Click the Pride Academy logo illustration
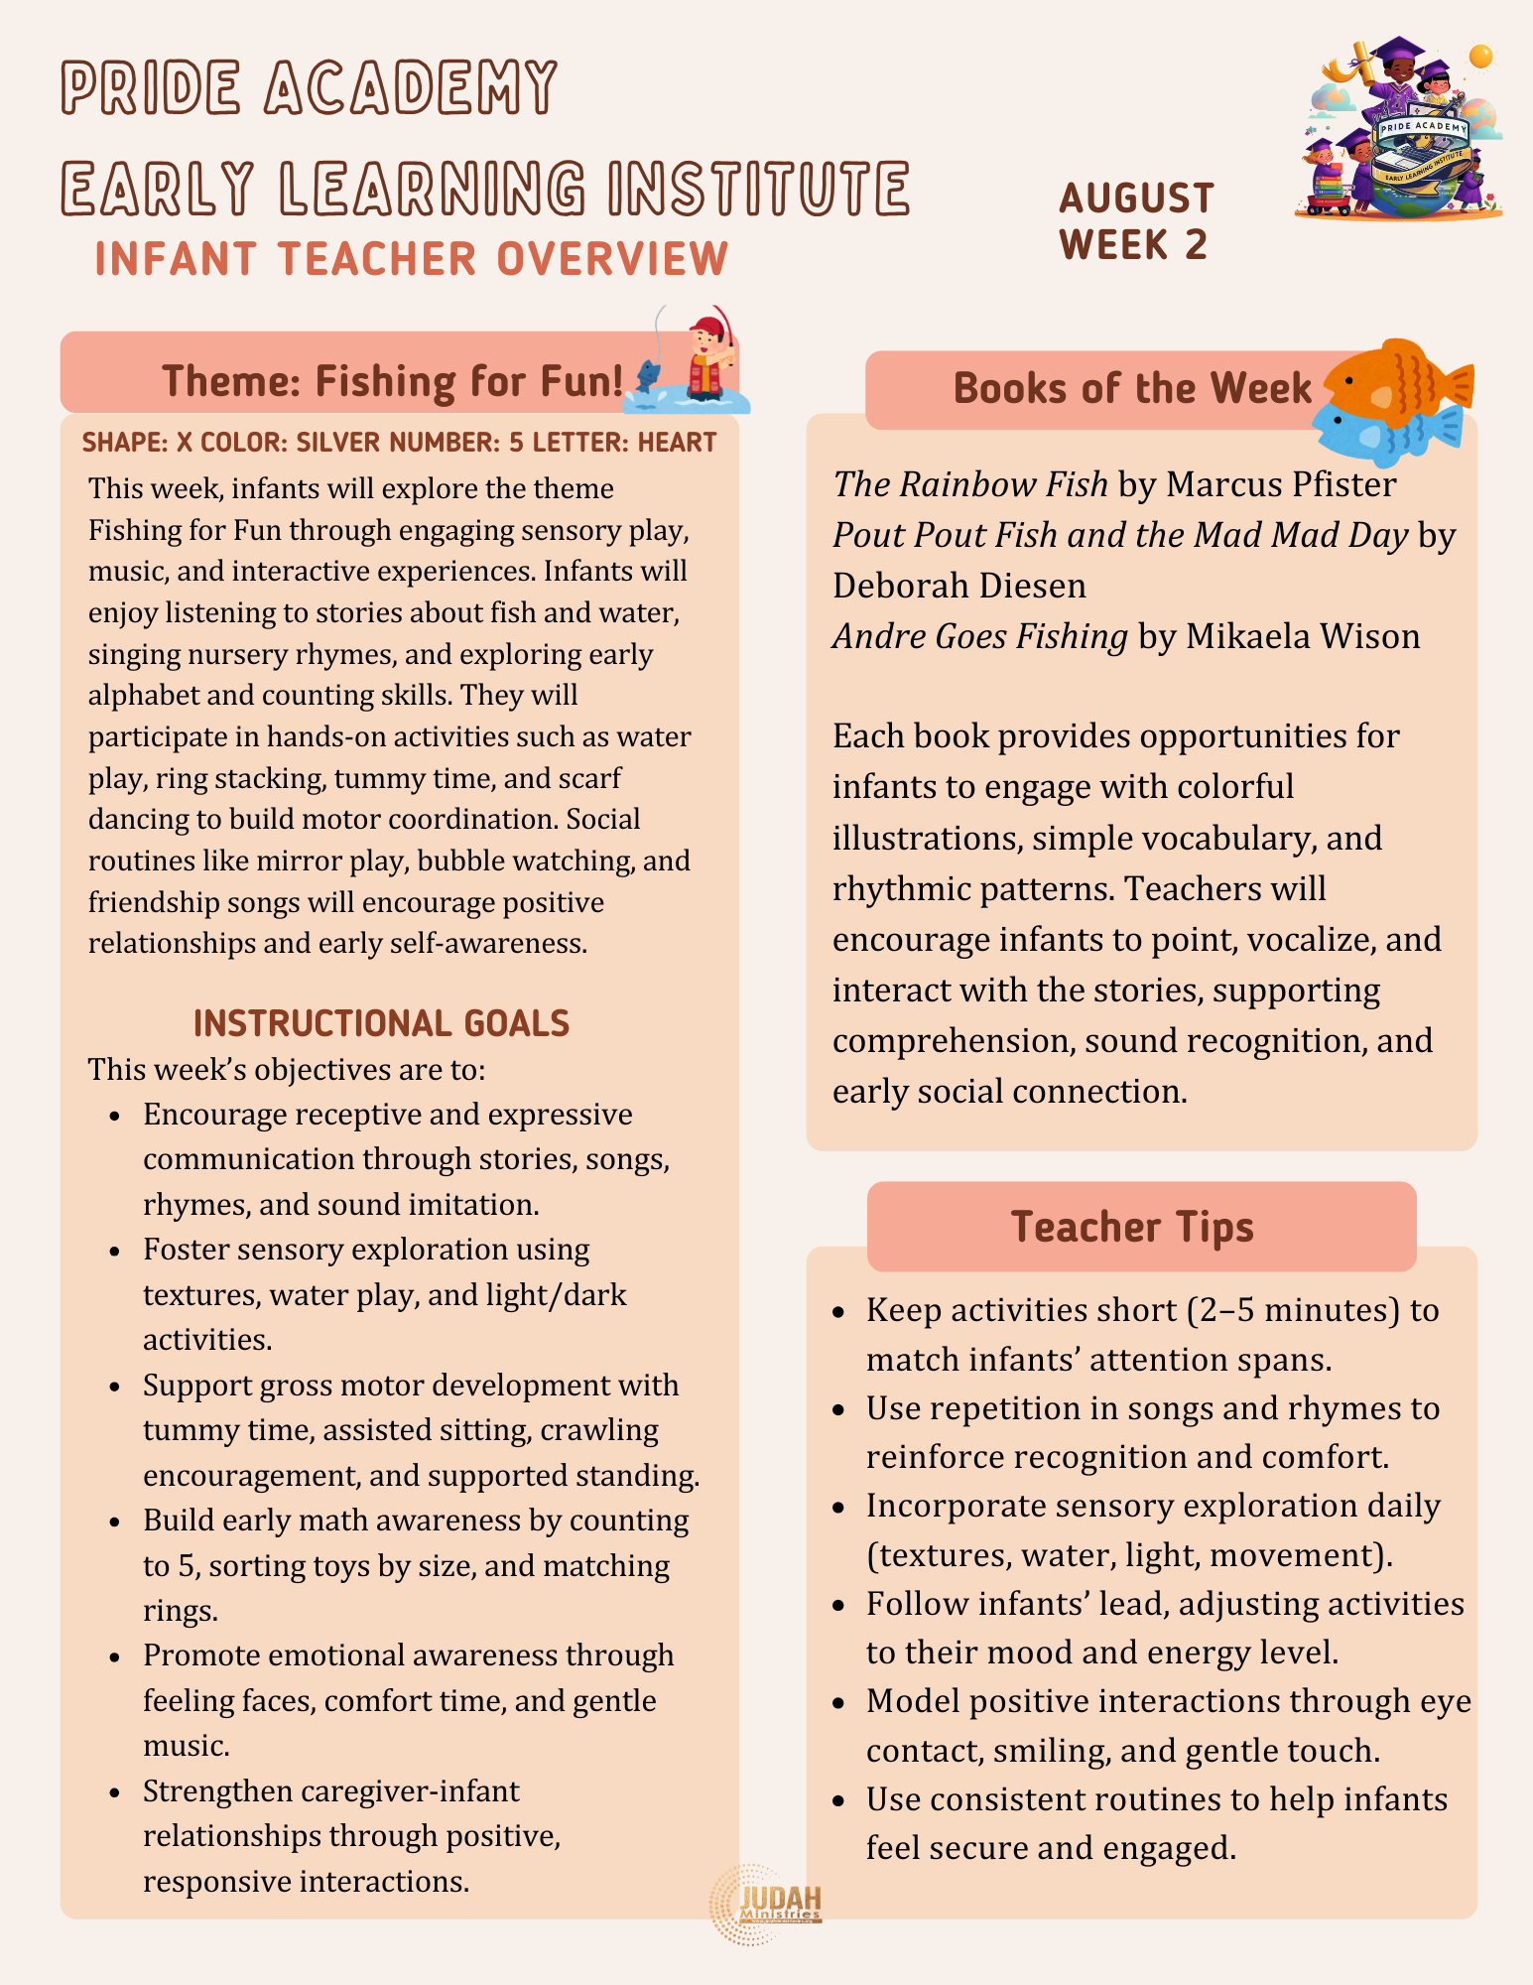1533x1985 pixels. point(1399,129)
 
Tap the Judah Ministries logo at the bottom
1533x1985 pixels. point(766,1904)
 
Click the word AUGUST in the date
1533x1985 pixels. point(1136,198)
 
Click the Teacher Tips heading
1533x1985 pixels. point(1132,1227)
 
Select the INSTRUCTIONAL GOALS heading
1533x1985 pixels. point(381,1023)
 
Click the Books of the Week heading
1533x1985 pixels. point(1132,389)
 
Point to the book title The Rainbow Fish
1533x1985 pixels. point(969,484)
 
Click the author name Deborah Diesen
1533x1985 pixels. point(958,586)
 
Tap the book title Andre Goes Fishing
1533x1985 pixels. point(979,636)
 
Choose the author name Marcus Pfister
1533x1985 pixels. point(1281,484)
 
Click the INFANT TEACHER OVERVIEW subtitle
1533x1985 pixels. point(412,259)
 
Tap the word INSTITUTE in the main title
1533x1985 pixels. point(758,188)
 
